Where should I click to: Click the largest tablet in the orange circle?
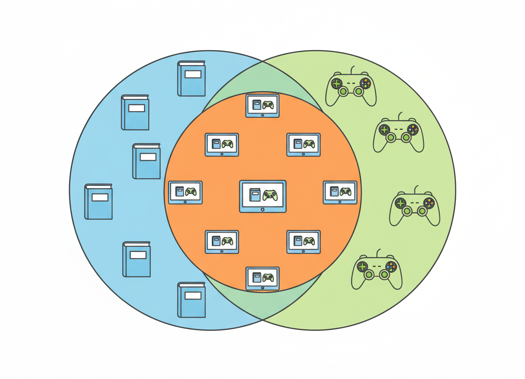(262, 196)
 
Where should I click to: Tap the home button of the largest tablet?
(262, 209)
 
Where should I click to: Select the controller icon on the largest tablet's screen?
(270, 195)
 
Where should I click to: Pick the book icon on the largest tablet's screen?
(255, 195)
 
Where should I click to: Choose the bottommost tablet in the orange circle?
(262, 279)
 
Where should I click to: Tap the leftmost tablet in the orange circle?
(186, 193)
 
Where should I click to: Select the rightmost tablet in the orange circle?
(340, 193)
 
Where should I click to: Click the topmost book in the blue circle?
(191, 79)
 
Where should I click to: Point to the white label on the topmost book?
(193, 74)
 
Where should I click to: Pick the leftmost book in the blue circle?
(98, 202)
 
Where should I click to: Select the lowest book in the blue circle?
(191, 300)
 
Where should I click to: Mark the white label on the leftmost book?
(100, 197)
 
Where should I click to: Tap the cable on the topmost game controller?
(352, 69)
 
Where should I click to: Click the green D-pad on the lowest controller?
(362, 267)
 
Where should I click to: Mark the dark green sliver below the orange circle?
(262, 305)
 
